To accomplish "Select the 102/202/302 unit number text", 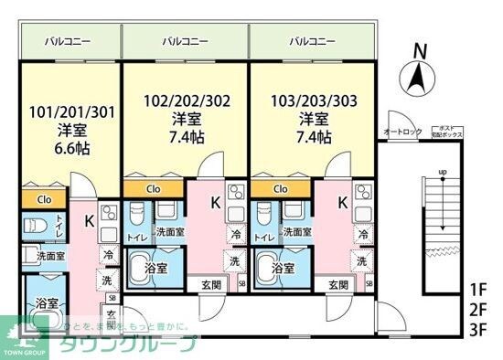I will point(186,101).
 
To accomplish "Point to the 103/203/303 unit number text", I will point(312,101).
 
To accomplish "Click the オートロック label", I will point(402,132).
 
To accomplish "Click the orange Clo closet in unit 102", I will point(153,189).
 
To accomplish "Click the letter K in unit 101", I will point(89,220).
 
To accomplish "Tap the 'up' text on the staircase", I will point(443,172).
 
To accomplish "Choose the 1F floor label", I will point(477,290).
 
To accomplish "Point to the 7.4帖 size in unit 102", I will point(186,138).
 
